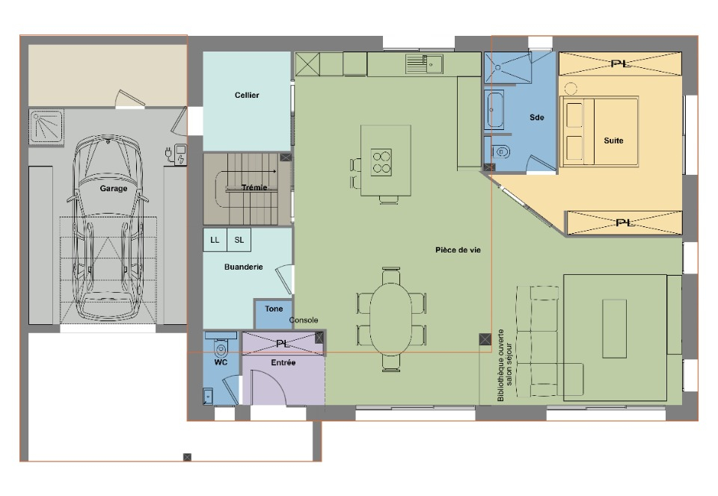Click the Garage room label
click(x=114, y=188)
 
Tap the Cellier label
click(x=247, y=95)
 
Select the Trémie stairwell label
click(x=254, y=187)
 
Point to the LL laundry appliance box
click(x=215, y=240)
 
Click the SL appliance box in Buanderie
click(x=239, y=240)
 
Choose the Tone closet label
click(x=274, y=309)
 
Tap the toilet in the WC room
click(x=221, y=348)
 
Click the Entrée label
click(x=283, y=362)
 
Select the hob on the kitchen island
click(x=381, y=162)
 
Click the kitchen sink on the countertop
click(x=425, y=64)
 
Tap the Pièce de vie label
click(x=458, y=250)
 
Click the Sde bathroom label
click(x=537, y=117)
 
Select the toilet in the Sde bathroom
click(x=501, y=152)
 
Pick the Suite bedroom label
click(x=613, y=140)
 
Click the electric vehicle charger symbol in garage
click(x=176, y=154)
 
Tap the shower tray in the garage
click(x=46, y=126)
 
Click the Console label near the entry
click(x=304, y=320)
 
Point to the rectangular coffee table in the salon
click(x=614, y=328)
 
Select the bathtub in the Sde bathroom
click(x=494, y=110)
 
